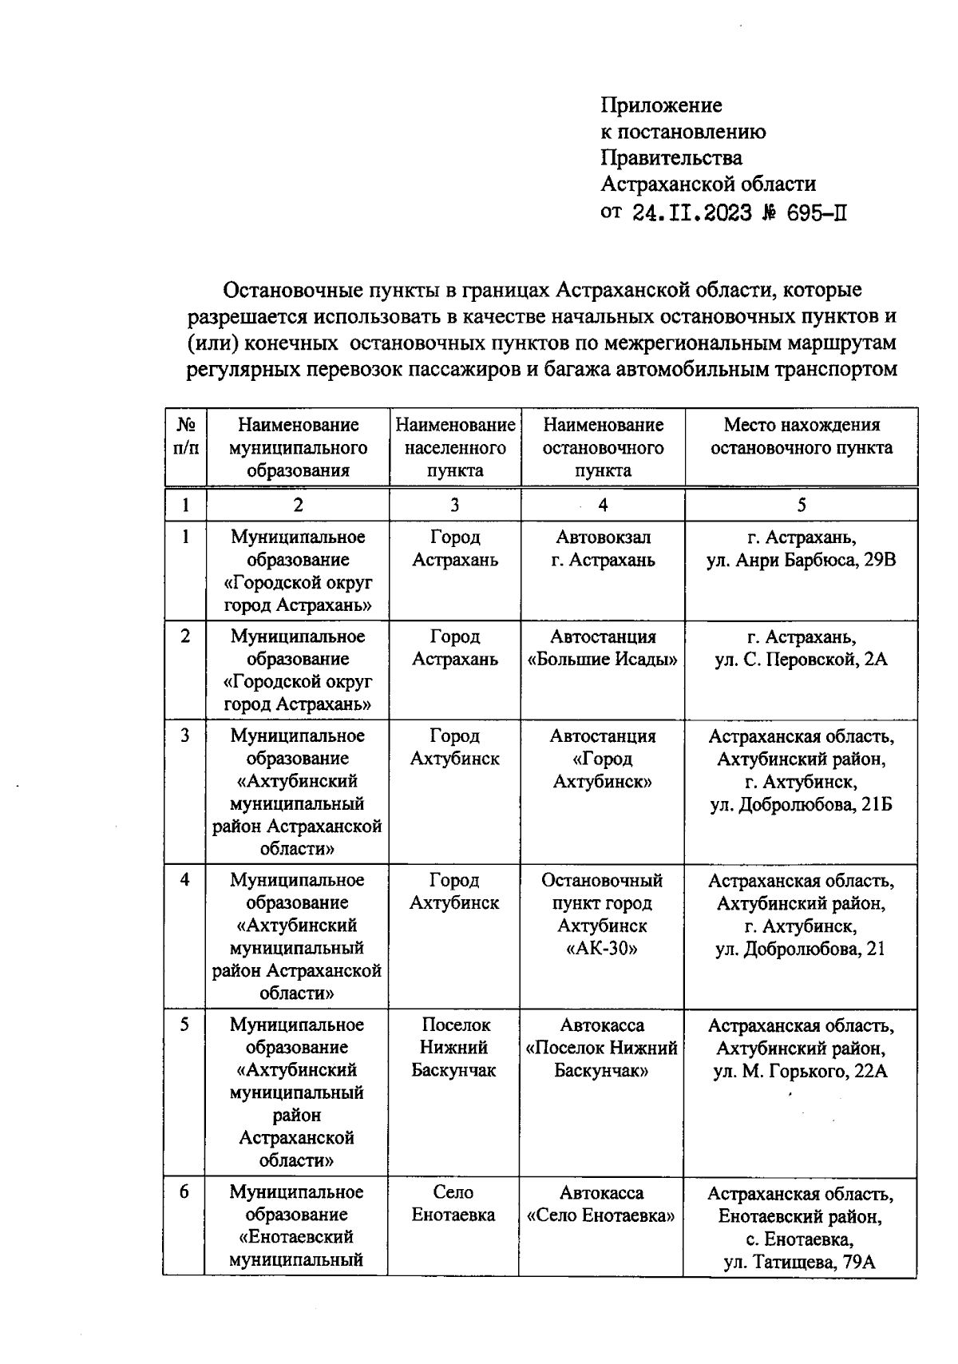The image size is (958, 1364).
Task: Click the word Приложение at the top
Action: tap(661, 105)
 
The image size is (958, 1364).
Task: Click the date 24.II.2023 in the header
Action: tap(691, 213)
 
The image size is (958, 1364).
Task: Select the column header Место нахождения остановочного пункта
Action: tap(801, 437)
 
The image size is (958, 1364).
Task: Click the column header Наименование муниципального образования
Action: tap(298, 447)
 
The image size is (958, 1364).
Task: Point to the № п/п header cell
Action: tap(185, 437)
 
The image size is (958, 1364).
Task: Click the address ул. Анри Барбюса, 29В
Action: tap(801, 560)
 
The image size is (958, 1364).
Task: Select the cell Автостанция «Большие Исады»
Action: tap(603, 648)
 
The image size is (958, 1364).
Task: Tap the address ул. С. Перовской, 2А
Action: tap(801, 660)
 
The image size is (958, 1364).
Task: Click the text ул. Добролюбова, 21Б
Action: tap(801, 804)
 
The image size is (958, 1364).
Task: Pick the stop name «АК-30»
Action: tap(602, 949)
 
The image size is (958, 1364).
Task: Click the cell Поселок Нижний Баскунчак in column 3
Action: tap(454, 1047)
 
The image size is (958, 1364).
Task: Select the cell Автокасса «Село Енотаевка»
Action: tap(601, 1204)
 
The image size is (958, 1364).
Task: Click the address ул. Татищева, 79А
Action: tap(799, 1263)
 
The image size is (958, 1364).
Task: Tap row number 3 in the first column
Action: tap(185, 736)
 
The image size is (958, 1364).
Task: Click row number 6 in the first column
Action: tap(184, 1192)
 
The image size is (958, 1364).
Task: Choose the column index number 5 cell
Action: tap(801, 505)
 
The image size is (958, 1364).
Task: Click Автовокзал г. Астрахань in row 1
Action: tap(603, 549)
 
